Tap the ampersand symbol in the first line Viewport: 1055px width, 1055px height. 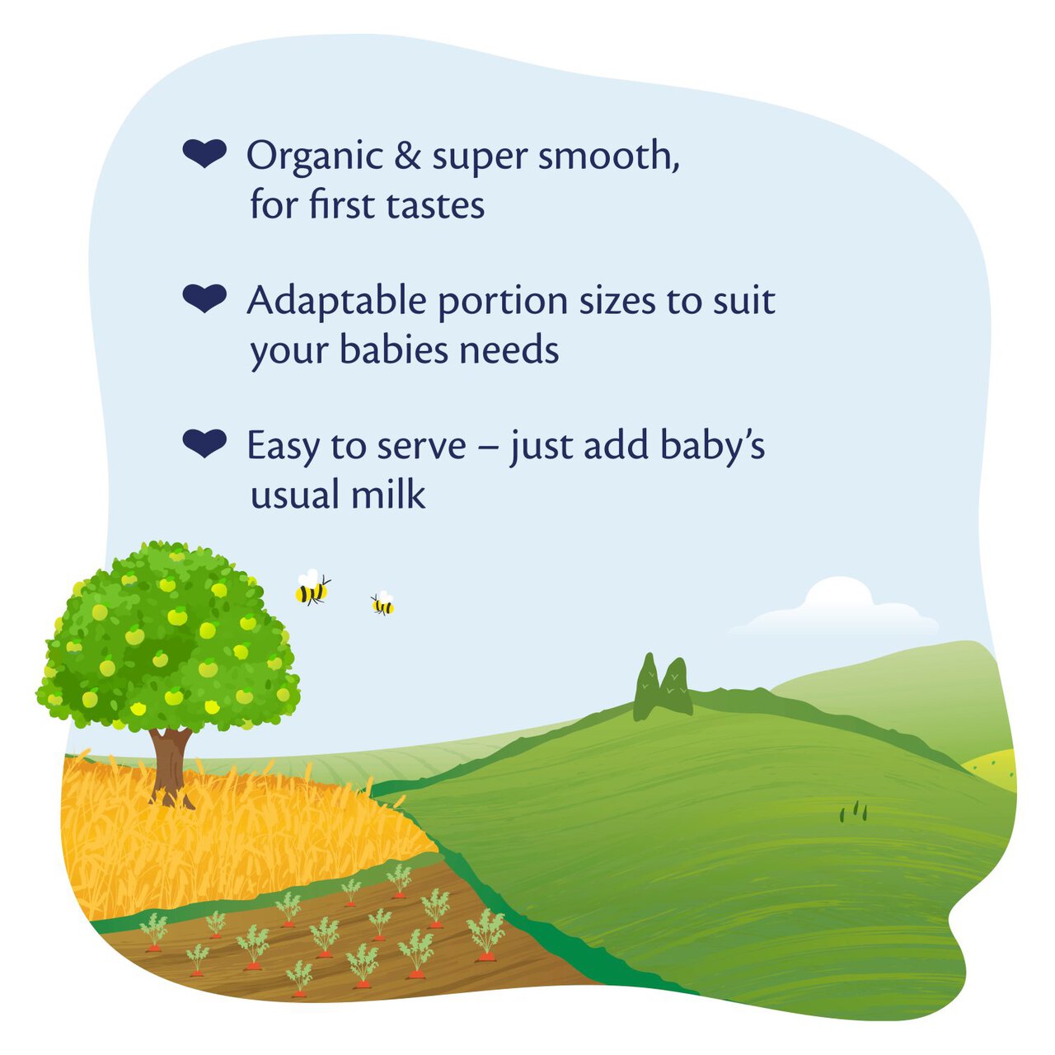tap(407, 157)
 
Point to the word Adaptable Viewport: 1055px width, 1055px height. tap(337, 302)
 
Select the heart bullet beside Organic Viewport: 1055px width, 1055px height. tap(204, 154)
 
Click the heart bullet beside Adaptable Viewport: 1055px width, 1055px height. tap(204, 298)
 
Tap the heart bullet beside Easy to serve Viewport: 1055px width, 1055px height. tap(204, 443)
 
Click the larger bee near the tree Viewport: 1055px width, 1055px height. tap(312, 588)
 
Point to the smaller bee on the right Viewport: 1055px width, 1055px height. tap(382, 605)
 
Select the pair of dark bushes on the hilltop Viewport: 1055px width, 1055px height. tap(663, 687)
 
